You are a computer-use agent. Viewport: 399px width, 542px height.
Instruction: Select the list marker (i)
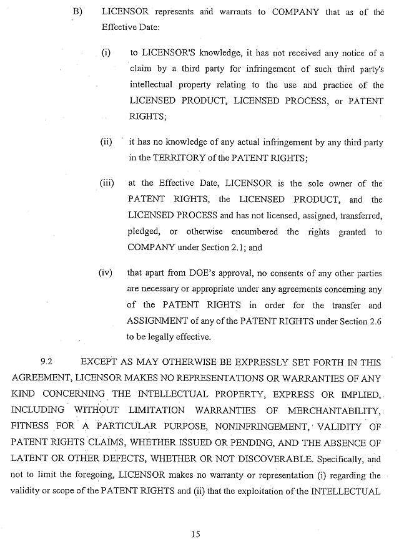click(106, 53)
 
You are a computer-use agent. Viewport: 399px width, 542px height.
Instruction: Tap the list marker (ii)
click(106, 142)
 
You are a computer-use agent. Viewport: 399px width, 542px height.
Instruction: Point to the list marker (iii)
click(107, 183)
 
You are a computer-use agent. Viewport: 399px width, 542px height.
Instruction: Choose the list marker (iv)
click(106, 273)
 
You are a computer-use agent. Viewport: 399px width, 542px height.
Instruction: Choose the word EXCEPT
click(98, 362)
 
